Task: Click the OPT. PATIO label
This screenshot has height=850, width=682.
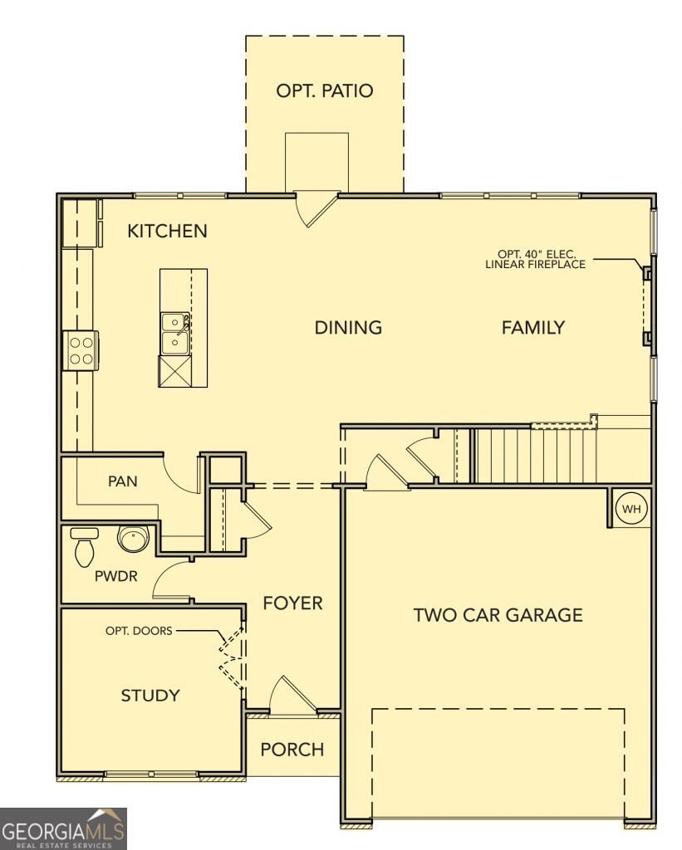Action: (x=325, y=90)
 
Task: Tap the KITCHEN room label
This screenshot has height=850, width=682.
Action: (x=167, y=231)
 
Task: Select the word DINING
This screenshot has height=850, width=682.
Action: (x=348, y=327)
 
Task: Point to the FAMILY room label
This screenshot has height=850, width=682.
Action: (x=532, y=327)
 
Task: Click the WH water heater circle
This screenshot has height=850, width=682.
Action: (x=631, y=509)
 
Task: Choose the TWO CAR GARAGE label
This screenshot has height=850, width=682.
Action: (x=498, y=615)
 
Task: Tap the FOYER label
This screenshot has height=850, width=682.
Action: (x=293, y=603)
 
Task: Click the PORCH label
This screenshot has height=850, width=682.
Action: (x=292, y=750)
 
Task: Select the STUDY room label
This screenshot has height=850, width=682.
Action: (x=150, y=696)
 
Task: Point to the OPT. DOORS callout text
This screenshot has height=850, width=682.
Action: (x=139, y=631)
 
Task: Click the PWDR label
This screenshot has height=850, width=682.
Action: (x=116, y=576)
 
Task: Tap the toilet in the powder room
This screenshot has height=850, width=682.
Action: (x=84, y=547)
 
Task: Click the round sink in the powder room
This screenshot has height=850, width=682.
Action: (x=133, y=539)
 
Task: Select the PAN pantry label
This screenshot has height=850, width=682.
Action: (x=123, y=481)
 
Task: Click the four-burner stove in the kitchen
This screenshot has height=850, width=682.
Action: (x=81, y=350)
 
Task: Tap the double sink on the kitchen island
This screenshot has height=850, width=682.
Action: (x=174, y=334)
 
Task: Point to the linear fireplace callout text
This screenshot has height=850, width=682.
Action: (x=536, y=259)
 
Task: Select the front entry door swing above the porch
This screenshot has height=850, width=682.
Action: (x=292, y=695)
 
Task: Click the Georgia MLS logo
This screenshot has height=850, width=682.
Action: (x=63, y=829)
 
